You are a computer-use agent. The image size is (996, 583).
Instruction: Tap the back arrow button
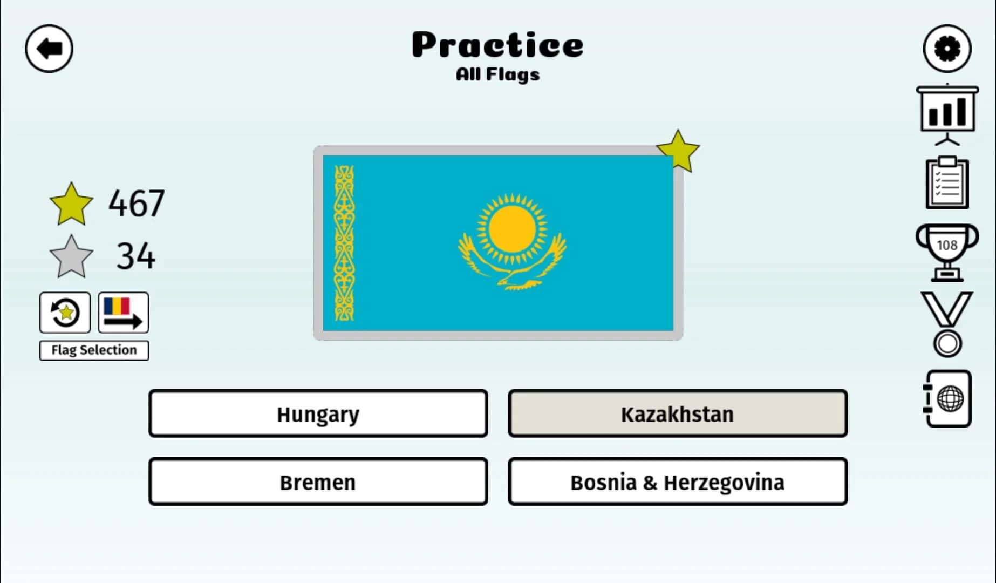pyautogui.click(x=49, y=49)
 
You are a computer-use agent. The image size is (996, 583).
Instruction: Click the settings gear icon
pyautogui.click(x=947, y=49)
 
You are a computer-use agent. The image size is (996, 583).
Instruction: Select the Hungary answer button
pyautogui.click(x=318, y=414)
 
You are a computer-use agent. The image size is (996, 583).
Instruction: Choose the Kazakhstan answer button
pyautogui.click(x=677, y=414)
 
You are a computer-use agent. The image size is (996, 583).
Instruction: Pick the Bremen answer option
pyautogui.click(x=318, y=482)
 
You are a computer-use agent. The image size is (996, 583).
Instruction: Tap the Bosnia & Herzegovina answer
pyautogui.click(x=677, y=482)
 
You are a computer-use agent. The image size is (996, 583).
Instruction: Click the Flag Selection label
pyautogui.click(x=94, y=350)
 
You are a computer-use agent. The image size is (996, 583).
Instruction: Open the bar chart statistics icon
pyautogui.click(x=947, y=112)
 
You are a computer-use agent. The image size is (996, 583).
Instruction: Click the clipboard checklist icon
pyautogui.click(x=947, y=184)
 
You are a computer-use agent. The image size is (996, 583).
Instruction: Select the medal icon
pyautogui.click(x=947, y=324)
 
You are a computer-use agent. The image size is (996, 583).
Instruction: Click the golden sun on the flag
pyautogui.click(x=512, y=230)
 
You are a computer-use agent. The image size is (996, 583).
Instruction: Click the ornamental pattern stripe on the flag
pyautogui.click(x=344, y=243)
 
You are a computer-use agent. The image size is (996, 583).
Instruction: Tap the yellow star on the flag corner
pyautogui.click(x=678, y=151)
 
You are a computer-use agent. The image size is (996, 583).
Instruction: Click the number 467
pyautogui.click(x=137, y=204)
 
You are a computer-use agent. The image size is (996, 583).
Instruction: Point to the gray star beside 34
pyautogui.click(x=71, y=256)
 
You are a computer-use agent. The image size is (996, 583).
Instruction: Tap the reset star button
pyautogui.click(x=65, y=313)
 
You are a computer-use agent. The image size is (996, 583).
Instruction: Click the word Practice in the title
pyautogui.click(x=497, y=45)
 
